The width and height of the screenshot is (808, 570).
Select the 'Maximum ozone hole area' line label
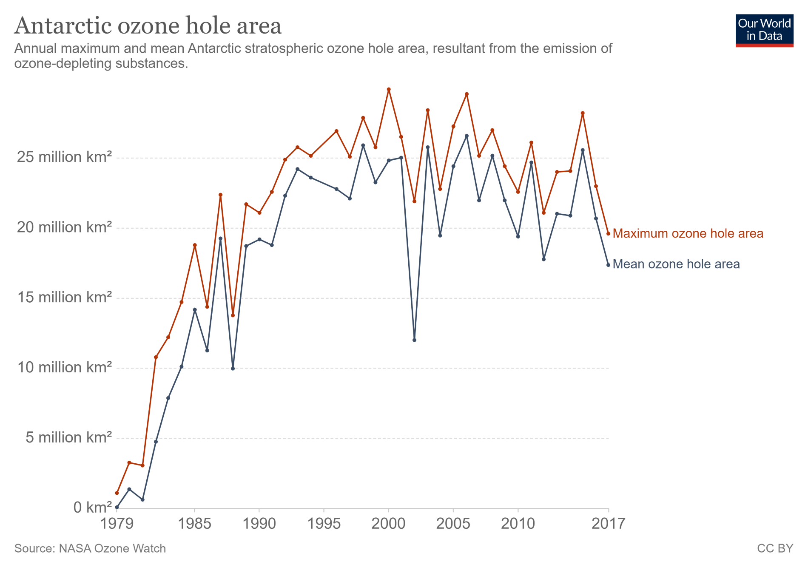[688, 233]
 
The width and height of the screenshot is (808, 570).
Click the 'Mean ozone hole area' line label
[676, 264]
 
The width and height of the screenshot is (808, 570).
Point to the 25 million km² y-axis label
[64, 157]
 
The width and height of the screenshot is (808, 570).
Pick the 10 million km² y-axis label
[64, 367]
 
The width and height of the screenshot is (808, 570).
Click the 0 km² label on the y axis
[92, 507]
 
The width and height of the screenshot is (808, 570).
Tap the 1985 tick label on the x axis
[194, 523]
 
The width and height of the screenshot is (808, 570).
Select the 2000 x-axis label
[388, 523]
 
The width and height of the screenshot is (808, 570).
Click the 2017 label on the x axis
[608, 523]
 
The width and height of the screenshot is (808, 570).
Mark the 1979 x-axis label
[117, 523]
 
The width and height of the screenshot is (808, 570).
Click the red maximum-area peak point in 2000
[389, 89]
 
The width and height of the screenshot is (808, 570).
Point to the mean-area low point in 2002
[414, 340]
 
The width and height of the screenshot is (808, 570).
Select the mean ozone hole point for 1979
[117, 507]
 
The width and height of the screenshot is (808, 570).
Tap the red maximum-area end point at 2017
[608, 233]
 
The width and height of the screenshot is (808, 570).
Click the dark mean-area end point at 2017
[608, 265]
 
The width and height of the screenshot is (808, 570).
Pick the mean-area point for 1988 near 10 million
[233, 369]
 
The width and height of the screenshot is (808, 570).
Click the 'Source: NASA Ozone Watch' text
[90, 548]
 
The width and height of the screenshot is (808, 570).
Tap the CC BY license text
[775, 548]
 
